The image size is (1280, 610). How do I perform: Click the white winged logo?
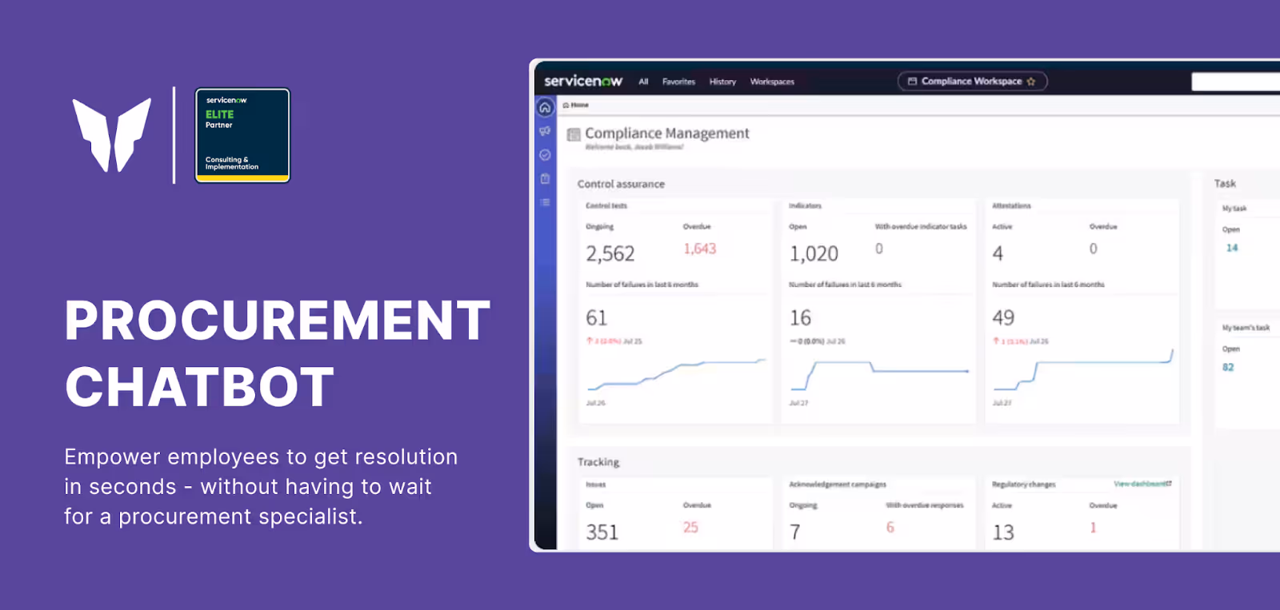point(112,134)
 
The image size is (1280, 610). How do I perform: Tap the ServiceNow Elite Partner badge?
point(242,135)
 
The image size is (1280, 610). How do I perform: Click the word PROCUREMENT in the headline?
point(278,321)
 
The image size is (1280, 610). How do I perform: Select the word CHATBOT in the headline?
point(200,388)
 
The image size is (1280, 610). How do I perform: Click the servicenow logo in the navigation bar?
point(583,82)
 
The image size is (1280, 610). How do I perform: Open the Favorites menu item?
point(678,82)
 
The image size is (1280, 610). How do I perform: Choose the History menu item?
point(722,82)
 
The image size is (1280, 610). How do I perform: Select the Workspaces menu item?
point(772,82)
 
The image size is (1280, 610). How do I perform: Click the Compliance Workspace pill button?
point(972,82)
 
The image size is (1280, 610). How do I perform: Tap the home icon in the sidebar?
point(545,107)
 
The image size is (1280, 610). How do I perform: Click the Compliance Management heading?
point(666,134)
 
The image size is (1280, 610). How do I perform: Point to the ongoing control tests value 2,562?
point(610,254)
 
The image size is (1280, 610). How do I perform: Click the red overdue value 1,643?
point(700,249)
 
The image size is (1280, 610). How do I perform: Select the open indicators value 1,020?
point(814,254)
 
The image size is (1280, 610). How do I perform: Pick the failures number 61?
point(597,318)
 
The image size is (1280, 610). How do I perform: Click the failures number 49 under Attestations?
point(1003,318)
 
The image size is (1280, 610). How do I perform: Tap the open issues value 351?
point(602,532)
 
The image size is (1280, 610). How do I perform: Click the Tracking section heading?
point(598,462)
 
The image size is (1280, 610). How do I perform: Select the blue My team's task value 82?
point(1228,368)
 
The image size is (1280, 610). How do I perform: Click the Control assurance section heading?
point(621,184)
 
